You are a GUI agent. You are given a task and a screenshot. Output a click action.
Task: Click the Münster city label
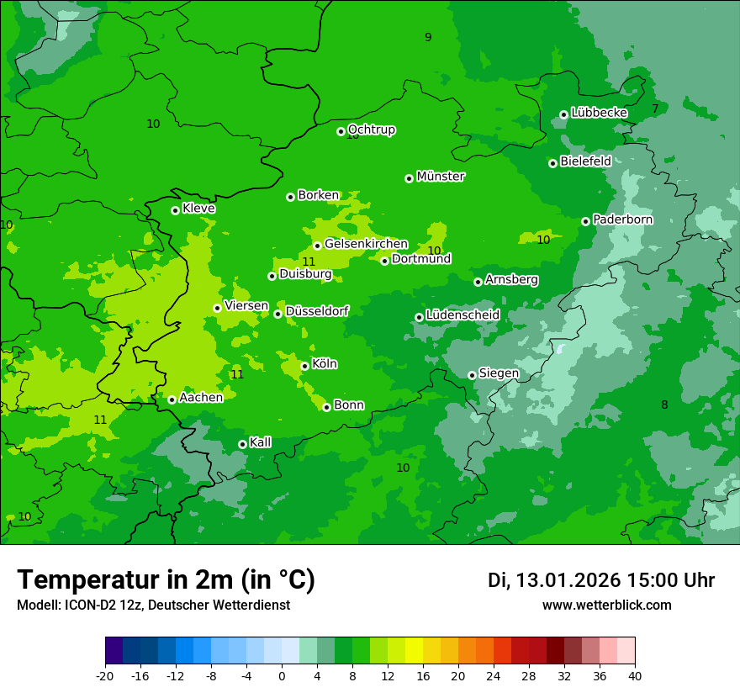pyautogui.click(x=441, y=177)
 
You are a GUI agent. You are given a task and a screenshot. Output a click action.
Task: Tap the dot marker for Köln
pyautogui.click(x=304, y=366)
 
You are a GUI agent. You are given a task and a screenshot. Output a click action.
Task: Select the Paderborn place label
pyautogui.click(x=622, y=219)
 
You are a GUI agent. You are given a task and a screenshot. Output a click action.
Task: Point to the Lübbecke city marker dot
pyautogui.click(x=563, y=114)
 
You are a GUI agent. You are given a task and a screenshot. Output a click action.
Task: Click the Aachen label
pyautogui.click(x=201, y=398)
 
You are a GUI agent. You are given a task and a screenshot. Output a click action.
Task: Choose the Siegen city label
pyautogui.click(x=499, y=373)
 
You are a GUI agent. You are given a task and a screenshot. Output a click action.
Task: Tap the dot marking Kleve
pyautogui.click(x=175, y=210)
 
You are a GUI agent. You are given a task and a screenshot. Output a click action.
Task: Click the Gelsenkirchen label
pyautogui.click(x=366, y=244)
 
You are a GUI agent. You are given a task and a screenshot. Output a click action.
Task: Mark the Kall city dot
pyautogui.click(x=242, y=444)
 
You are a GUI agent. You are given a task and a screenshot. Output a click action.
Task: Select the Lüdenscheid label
pyautogui.click(x=462, y=315)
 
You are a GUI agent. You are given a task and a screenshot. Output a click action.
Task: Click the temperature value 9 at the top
pyautogui.click(x=428, y=37)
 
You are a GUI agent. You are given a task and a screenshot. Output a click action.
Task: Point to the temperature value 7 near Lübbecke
pyautogui.click(x=655, y=109)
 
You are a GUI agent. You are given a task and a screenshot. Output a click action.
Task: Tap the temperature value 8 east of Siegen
pyautogui.click(x=664, y=405)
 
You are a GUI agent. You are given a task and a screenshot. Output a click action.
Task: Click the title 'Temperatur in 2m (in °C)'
pyautogui.click(x=166, y=579)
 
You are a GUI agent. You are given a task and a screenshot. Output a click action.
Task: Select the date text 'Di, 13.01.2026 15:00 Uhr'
pyautogui.click(x=601, y=580)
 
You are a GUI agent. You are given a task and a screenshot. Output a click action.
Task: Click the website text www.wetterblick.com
pyautogui.click(x=606, y=605)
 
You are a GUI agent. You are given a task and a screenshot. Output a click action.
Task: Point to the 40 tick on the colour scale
pyautogui.click(x=635, y=675)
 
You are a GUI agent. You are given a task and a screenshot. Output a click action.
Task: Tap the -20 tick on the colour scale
pyautogui.click(x=105, y=675)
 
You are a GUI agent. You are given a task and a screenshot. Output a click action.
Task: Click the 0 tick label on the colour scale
pyautogui.click(x=282, y=675)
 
